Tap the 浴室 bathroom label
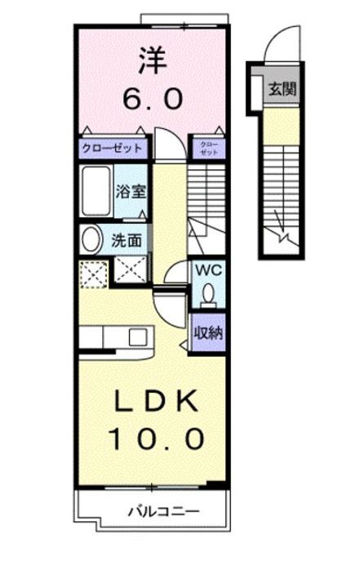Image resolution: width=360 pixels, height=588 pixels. [x=131, y=194]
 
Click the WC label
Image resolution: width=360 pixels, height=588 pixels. [x=204, y=269]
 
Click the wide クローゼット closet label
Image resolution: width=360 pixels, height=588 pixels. [x=112, y=149]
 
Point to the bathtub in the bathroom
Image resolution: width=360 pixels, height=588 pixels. [x=95, y=193]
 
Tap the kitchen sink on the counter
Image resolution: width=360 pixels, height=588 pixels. [x=136, y=336]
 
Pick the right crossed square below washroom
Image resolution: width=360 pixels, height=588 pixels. [x=131, y=269]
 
